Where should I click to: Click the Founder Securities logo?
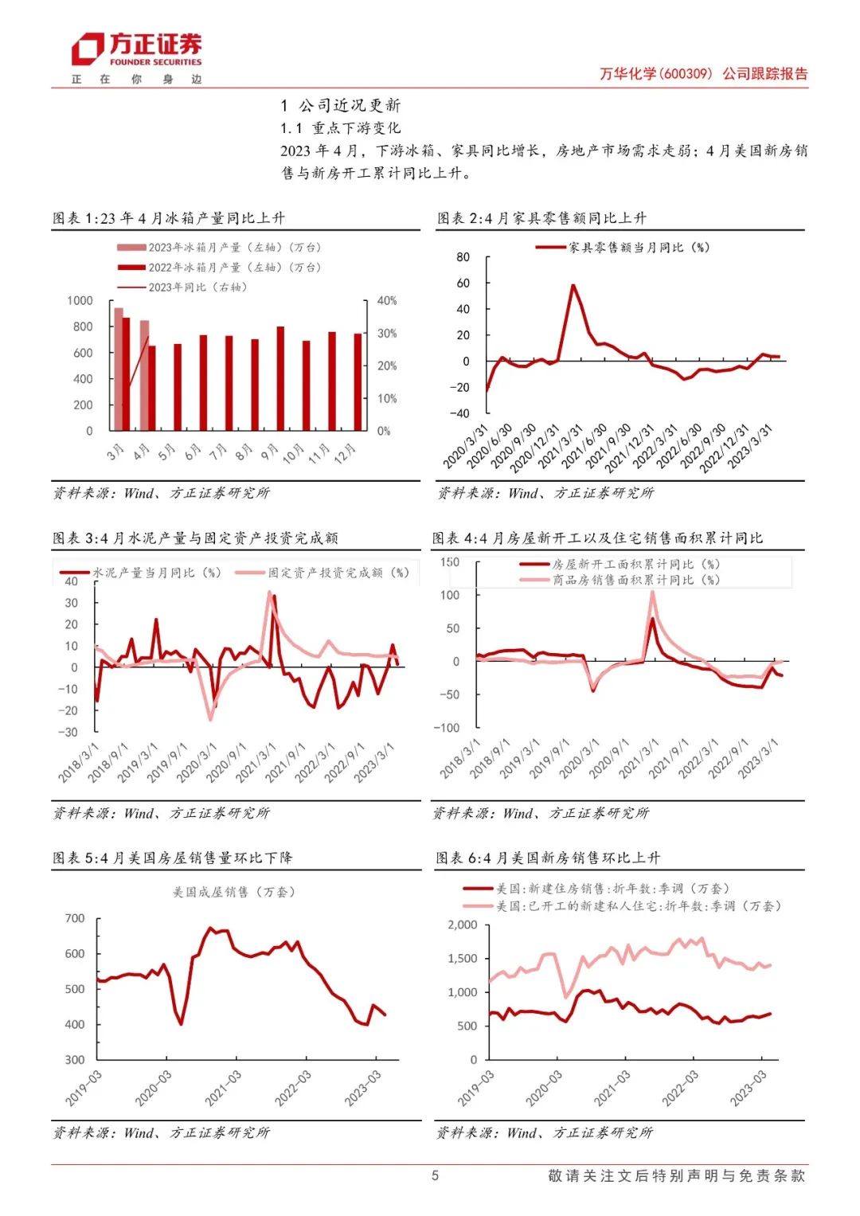[x=136, y=50]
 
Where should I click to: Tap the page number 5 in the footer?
[x=435, y=1175]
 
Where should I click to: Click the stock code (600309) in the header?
[x=686, y=74]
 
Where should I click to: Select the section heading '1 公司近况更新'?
[x=341, y=105]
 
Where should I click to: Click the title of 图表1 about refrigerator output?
[x=169, y=218]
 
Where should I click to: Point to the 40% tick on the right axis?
[x=386, y=301]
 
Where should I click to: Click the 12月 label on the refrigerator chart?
[x=345, y=454]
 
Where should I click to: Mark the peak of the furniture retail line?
[x=573, y=285]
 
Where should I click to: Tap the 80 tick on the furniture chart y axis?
[x=463, y=257]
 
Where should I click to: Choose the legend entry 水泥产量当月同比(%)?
[x=156, y=573]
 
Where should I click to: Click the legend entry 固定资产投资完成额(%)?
[x=338, y=573]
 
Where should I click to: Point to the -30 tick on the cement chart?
[x=72, y=732]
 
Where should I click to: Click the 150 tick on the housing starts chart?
[x=450, y=562]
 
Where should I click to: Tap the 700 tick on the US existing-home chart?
[x=75, y=919]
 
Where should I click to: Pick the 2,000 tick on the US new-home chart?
[x=463, y=925]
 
